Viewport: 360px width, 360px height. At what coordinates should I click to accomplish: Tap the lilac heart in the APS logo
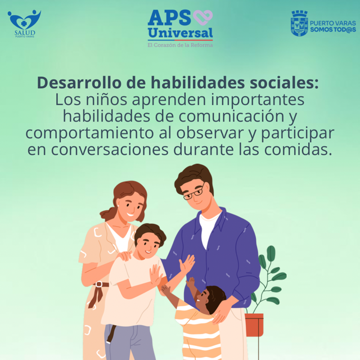(x=202, y=17)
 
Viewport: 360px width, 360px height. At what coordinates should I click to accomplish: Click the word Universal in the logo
(x=180, y=33)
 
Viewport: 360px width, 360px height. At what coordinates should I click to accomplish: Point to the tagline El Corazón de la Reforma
(x=180, y=45)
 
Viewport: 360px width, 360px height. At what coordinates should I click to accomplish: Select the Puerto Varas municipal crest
(x=299, y=24)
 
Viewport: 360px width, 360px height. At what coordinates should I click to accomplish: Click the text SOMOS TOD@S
(x=333, y=30)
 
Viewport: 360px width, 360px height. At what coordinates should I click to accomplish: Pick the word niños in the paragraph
(x=106, y=100)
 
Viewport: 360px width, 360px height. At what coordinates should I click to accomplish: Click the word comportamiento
(x=89, y=133)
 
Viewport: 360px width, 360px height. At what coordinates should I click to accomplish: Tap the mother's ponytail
(x=109, y=214)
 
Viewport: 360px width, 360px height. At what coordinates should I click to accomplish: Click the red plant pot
(x=254, y=325)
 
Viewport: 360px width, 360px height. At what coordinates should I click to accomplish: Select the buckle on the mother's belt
(x=99, y=284)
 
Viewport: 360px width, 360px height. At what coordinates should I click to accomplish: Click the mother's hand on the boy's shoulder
(x=124, y=255)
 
